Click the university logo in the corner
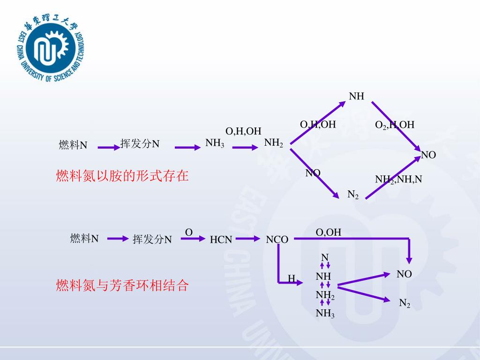click(50, 49)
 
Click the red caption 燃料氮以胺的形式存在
click(122, 176)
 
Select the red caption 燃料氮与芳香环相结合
click(122, 285)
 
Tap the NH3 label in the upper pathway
click(215, 143)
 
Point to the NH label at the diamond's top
click(357, 97)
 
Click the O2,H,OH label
click(395, 125)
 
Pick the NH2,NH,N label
click(398, 179)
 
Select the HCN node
click(221, 240)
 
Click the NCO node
click(277, 240)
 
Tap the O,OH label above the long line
click(329, 232)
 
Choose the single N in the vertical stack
click(324, 257)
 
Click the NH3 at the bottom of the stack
click(325, 314)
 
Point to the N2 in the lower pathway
click(405, 304)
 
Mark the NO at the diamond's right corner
click(428, 155)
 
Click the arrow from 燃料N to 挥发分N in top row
click(109, 148)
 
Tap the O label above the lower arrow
click(189, 232)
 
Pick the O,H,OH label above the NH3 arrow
click(243, 131)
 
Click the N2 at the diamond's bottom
click(353, 195)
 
